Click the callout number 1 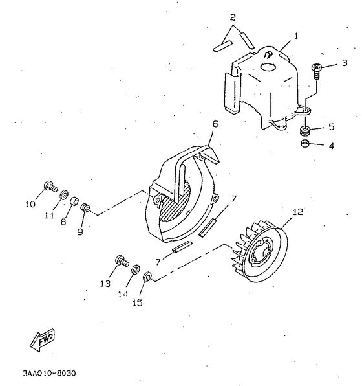(x=296, y=36)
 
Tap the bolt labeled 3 (x=317, y=69)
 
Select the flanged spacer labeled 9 (x=85, y=209)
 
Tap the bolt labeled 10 (x=48, y=188)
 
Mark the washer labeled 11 (x=63, y=194)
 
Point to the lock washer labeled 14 (x=136, y=269)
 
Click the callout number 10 (x=30, y=205)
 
